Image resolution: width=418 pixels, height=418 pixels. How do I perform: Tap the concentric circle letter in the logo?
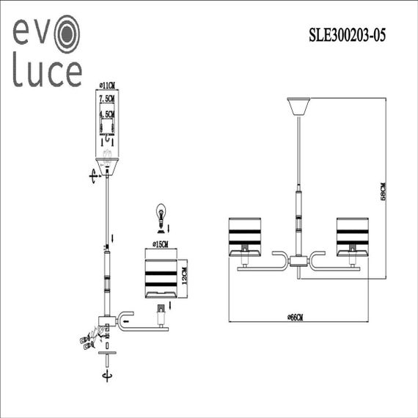tap(66, 33)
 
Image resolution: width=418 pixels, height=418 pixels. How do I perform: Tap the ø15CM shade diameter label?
tap(160, 243)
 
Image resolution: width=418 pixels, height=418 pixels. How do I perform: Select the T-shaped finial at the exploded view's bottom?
tap(108, 356)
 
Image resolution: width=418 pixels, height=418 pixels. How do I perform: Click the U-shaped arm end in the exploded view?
tap(126, 318)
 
